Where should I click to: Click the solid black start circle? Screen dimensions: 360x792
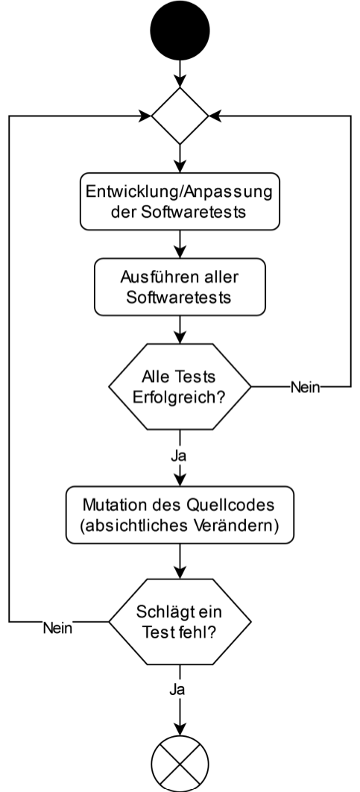tap(180, 31)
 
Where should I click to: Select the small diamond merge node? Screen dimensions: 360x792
tap(180, 116)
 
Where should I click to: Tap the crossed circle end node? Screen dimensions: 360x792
tap(180, 764)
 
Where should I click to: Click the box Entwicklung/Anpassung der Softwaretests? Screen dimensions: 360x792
tap(180, 201)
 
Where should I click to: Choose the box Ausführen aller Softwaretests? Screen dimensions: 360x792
tap(180, 287)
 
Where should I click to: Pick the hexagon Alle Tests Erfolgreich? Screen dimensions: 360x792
tap(180, 386)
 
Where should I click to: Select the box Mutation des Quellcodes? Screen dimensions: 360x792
tap(180, 515)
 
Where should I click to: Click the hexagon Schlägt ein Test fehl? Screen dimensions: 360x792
tap(180, 621)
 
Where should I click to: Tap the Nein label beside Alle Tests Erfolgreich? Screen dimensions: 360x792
tap(305, 387)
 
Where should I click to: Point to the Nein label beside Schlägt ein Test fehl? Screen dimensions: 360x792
tap(57, 628)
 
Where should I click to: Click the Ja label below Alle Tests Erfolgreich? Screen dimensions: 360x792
tap(178, 456)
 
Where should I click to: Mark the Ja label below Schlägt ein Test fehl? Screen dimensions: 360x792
tap(177, 690)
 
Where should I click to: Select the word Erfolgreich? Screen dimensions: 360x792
tap(178, 397)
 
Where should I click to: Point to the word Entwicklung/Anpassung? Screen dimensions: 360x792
tap(179, 192)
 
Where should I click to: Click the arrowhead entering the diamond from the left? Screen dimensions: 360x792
tap(145, 116)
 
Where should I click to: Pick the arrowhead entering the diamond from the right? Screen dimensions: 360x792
tap(215, 116)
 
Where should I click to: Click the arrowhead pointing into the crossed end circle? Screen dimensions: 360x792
tap(180, 729)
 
